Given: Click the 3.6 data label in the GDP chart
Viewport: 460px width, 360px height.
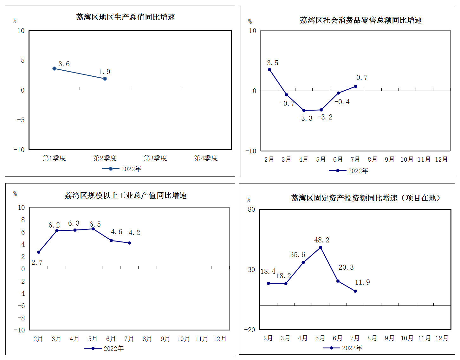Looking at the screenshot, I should [x=64, y=64].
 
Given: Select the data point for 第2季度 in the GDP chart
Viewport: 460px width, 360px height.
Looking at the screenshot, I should [x=105, y=79].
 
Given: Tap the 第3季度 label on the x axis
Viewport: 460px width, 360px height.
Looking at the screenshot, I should [x=155, y=158].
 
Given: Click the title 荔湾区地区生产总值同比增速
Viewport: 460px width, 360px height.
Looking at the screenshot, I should [x=126, y=17].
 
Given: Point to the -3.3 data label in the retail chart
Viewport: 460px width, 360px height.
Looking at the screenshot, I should [x=305, y=119].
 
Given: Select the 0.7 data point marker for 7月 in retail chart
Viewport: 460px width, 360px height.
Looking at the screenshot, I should [x=355, y=87].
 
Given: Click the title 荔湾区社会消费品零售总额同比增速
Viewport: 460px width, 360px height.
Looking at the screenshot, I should [x=361, y=20].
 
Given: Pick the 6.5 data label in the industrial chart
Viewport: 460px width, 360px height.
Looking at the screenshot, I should [x=95, y=224].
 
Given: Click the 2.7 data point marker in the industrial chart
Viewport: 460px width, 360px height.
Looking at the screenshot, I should [x=39, y=252].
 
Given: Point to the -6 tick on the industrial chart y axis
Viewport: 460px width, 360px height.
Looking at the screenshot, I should [x=21, y=306].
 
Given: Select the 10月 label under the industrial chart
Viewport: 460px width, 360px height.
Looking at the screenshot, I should [x=184, y=339].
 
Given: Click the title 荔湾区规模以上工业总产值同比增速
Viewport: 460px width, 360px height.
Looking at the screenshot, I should [x=126, y=196].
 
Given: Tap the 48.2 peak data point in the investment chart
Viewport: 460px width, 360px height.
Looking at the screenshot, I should [x=321, y=248].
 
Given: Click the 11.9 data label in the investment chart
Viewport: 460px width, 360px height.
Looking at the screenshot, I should [x=362, y=282].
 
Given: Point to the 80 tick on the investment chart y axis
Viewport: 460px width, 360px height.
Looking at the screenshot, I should [x=251, y=209].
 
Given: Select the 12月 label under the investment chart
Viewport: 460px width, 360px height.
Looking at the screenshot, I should [x=442, y=338].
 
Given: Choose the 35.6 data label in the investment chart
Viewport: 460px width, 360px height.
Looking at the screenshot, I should [x=298, y=255].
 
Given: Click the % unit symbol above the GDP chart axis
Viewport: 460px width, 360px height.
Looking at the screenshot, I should [x=14, y=20].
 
